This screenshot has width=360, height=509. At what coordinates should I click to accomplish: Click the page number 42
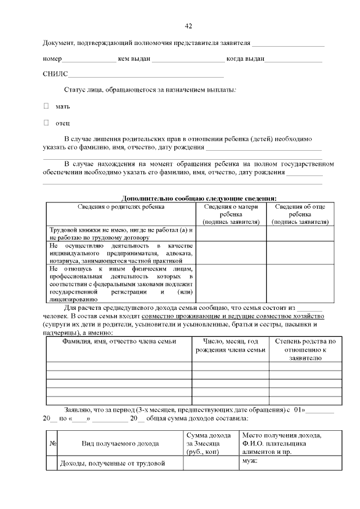[188, 26]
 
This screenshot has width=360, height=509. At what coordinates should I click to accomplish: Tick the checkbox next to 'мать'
[47, 106]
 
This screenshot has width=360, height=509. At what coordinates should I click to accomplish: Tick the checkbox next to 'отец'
[47, 123]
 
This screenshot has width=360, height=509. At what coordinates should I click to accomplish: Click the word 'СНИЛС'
[55, 74]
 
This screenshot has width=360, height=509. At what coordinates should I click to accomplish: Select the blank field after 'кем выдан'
[188, 60]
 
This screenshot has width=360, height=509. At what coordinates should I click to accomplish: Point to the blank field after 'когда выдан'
[293, 60]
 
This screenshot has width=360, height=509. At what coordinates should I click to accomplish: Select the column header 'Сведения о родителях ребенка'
[121, 206]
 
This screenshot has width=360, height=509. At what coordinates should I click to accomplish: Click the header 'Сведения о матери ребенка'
[231, 214]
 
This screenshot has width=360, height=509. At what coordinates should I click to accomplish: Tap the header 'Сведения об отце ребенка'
[300, 214]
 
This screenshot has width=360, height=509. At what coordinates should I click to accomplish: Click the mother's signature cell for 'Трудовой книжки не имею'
[231, 234]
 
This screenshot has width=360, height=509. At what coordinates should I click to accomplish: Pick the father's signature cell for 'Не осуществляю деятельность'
[300, 253]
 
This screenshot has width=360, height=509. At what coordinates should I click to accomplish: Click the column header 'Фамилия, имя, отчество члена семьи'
[119, 341]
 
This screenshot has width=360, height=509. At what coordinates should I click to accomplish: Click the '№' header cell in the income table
[52, 443]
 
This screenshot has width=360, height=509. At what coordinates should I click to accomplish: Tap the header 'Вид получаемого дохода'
[120, 443]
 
